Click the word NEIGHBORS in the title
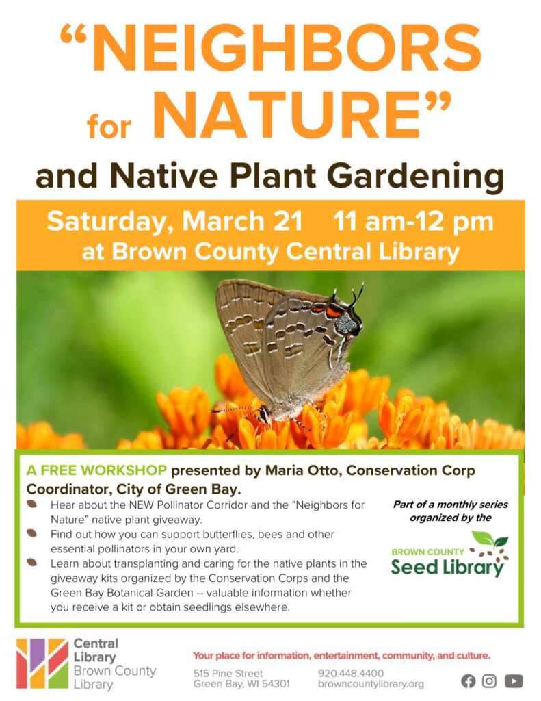click(x=287, y=48)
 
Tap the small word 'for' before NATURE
click(x=109, y=127)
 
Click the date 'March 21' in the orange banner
click(x=242, y=221)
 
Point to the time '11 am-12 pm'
click(x=413, y=222)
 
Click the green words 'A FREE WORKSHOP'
click(x=96, y=470)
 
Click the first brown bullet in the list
click(x=31, y=504)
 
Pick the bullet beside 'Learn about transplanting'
click(x=31, y=562)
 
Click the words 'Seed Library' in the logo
click(x=447, y=568)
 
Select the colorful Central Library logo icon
click(x=42, y=663)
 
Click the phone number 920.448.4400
click(x=351, y=673)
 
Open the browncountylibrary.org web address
click(x=371, y=684)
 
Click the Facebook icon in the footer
click(x=469, y=681)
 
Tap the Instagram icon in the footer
click(x=489, y=681)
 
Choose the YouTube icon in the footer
click(x=514, y=681)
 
